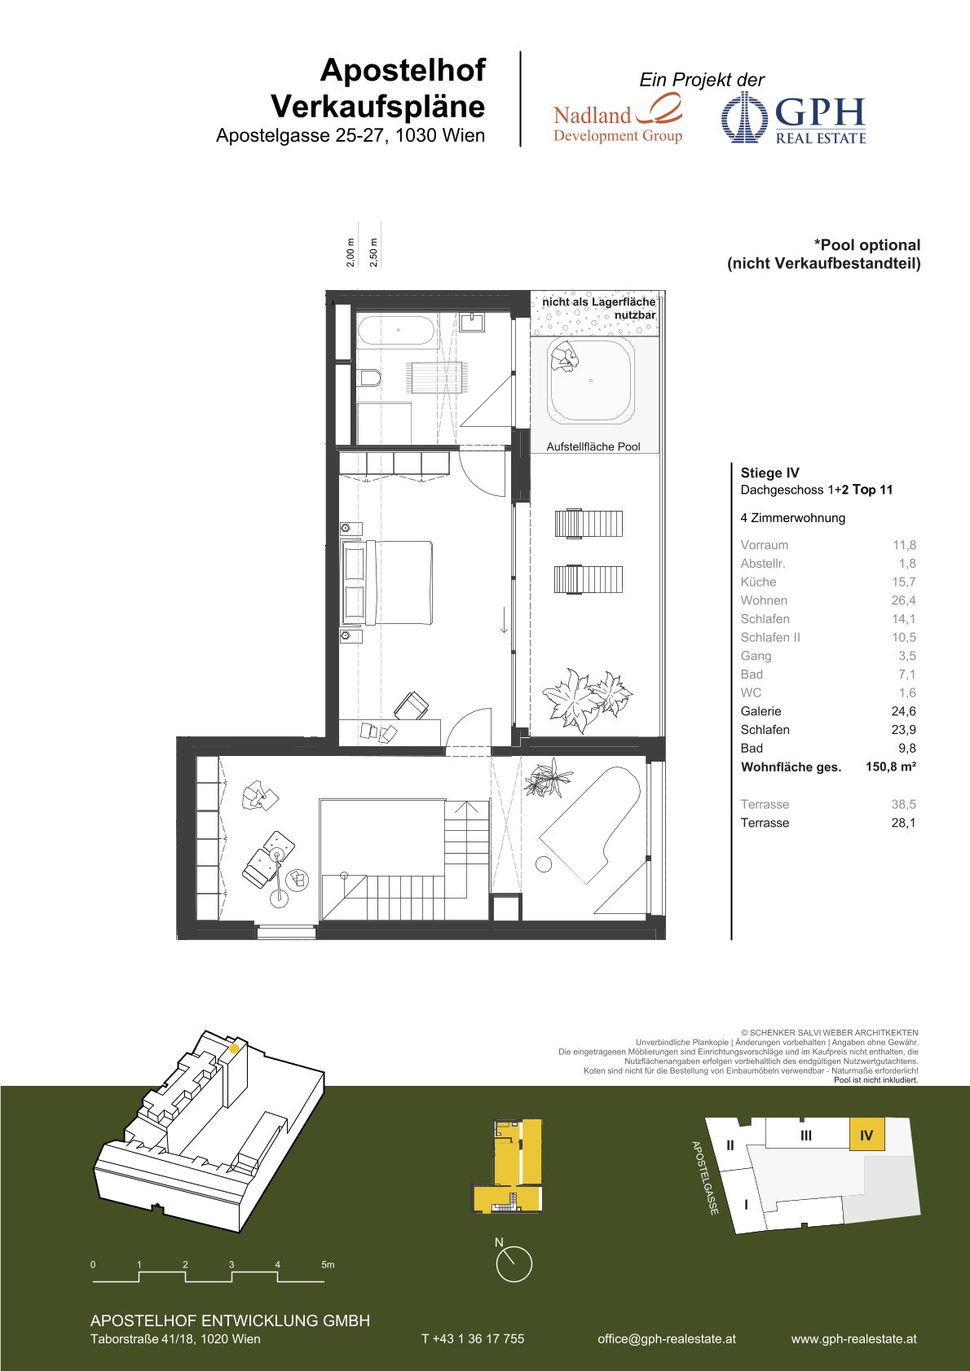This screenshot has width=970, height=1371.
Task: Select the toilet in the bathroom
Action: [369, 378]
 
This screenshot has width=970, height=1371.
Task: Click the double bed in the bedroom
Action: [387, 582]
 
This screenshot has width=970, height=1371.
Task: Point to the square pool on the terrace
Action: [591, 381]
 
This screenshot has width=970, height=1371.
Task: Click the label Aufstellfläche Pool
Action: [593, 446]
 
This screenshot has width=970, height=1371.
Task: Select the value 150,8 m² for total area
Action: [890, 767]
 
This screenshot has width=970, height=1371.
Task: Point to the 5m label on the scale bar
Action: [328, 1264]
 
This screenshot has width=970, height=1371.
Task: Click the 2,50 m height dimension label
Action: [373, 253]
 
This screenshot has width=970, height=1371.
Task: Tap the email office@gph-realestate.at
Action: [667, 1338]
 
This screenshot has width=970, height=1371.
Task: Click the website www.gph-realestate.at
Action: [853, 1338]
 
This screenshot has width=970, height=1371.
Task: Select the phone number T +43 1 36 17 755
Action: [473, 1338]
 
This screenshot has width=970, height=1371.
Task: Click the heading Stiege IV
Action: [769, 472]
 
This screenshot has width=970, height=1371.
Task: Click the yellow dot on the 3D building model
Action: [234, 1049]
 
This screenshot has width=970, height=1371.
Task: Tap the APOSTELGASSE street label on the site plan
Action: [705, 1178]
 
